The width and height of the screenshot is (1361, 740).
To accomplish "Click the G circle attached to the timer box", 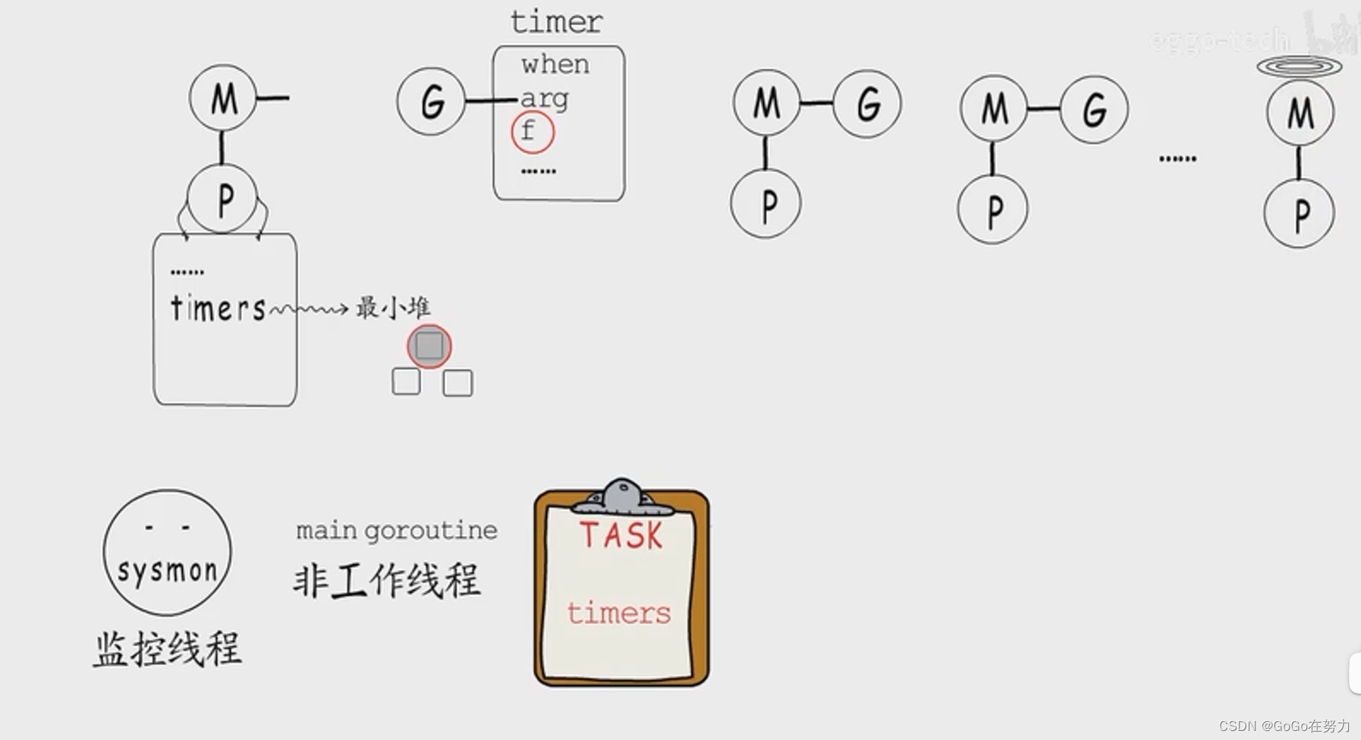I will click(x=431, y=101).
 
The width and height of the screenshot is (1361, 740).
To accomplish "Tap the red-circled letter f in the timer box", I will click(x=533, y=131).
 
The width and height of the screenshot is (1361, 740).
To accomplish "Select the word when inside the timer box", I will click(x=555, y=64).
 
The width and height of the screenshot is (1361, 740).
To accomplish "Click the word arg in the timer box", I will click(x=544, y=99).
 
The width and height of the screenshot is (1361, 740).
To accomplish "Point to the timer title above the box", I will click(x=557, y=22).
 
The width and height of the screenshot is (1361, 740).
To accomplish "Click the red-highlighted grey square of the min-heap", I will click(x=429, y=346).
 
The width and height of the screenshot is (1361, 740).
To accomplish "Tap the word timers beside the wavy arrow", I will click(x=218, y=309).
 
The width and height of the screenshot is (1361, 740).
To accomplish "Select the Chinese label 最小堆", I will click(x=393, y=307).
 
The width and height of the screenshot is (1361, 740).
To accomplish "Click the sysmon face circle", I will click(x=167, y=552).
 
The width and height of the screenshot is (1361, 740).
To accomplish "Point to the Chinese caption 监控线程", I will click(x=168, y=650).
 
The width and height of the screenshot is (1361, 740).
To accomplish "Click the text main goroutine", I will click(x=397, y=530).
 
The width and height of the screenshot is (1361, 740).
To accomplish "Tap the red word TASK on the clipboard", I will click(x=621, y=535).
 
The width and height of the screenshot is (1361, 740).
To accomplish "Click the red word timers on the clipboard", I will click(x=619, y=613).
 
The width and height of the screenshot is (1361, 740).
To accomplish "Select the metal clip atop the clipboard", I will click(x=622, y=497).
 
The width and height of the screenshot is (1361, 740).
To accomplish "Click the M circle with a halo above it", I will click(x=1300, y=112).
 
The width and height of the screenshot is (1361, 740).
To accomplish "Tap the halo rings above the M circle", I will click(x=1299, y=67).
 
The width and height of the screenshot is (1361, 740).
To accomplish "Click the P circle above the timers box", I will click(x=222, y=199).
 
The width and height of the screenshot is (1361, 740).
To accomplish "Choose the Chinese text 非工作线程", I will click(x=387, y=582).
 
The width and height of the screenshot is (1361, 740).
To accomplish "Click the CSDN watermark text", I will click(x=1284, y=726).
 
